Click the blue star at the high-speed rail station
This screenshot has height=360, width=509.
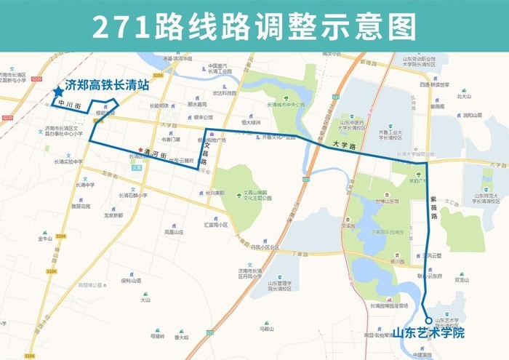coord(57,92)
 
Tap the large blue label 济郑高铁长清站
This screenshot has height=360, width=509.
coord(107,84)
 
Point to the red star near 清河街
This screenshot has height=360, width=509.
coord(141,151)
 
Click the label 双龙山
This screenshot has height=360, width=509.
coord(462,279)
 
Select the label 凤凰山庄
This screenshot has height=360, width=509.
coord(174,232)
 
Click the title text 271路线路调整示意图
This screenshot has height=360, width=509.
coord(254,26)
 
